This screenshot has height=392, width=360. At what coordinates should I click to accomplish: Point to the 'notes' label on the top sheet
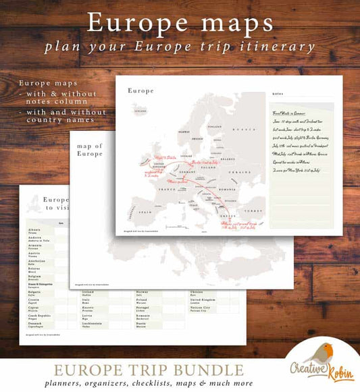coord(278,95)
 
